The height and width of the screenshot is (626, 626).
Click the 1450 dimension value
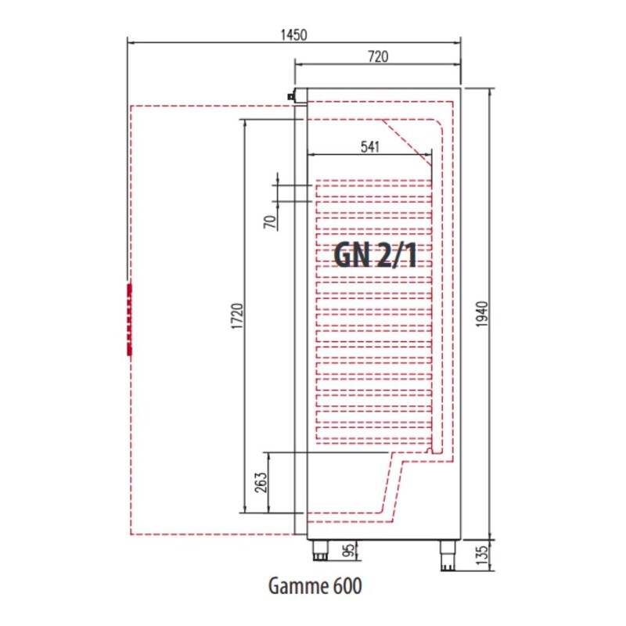[294, 35]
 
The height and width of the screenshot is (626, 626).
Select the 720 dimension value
[378, 56]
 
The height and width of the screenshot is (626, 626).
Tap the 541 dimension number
[369, 147]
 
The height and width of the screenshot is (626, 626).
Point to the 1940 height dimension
[482, 315]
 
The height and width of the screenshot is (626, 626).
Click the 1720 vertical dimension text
[238, 316]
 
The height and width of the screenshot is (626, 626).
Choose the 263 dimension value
[261, 482]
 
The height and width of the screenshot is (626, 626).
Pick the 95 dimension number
[348, 551]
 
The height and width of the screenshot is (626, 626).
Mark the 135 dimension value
[482, 556]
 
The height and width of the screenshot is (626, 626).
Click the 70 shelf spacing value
[270, 222]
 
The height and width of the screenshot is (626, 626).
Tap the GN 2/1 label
[376, 256]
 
